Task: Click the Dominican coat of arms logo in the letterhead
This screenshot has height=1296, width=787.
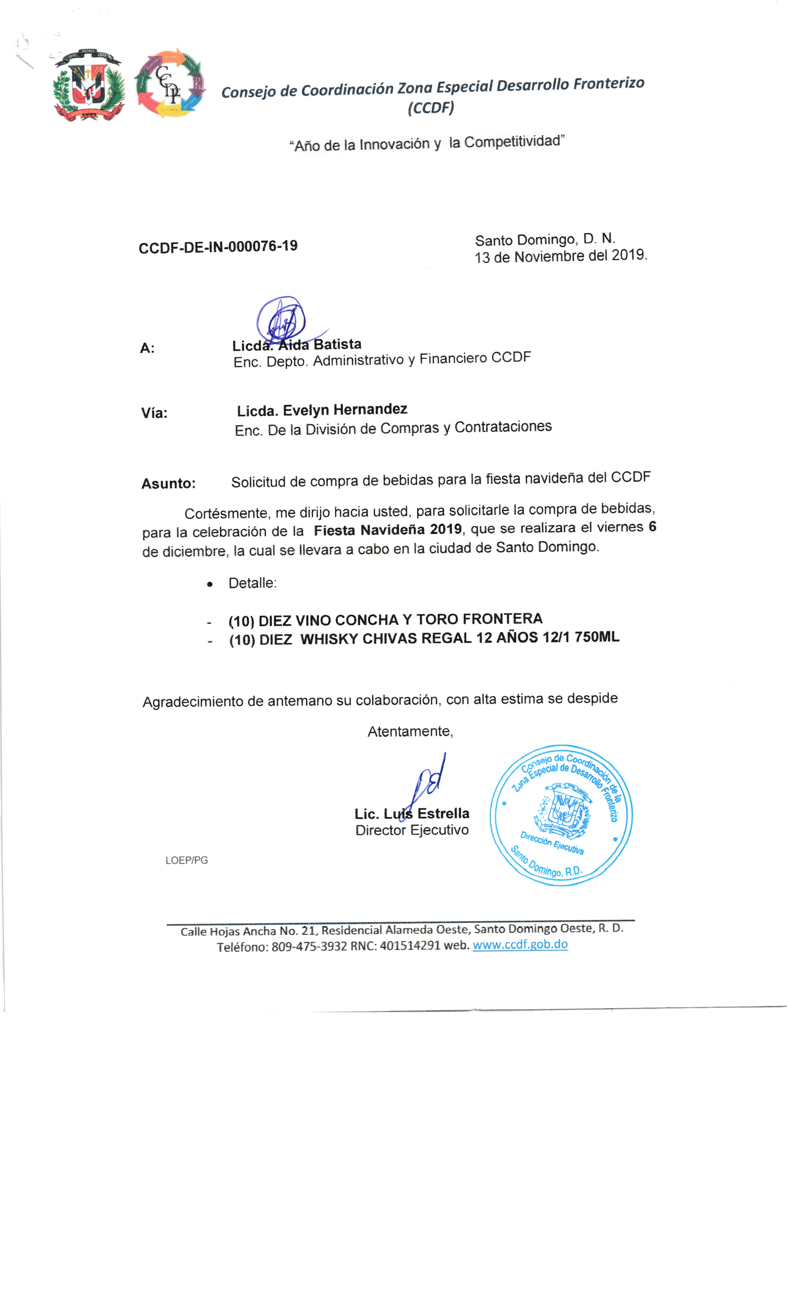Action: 88,85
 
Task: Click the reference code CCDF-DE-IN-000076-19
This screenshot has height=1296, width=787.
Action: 218,247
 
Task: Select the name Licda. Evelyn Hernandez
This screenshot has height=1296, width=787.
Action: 322,410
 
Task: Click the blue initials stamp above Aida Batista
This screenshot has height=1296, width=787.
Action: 281,319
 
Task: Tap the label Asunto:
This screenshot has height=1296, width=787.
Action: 168,483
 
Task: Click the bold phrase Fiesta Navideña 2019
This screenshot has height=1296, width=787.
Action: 388,529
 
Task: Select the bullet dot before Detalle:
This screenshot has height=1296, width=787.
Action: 210,584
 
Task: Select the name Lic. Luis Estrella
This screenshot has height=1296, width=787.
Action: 411,814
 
